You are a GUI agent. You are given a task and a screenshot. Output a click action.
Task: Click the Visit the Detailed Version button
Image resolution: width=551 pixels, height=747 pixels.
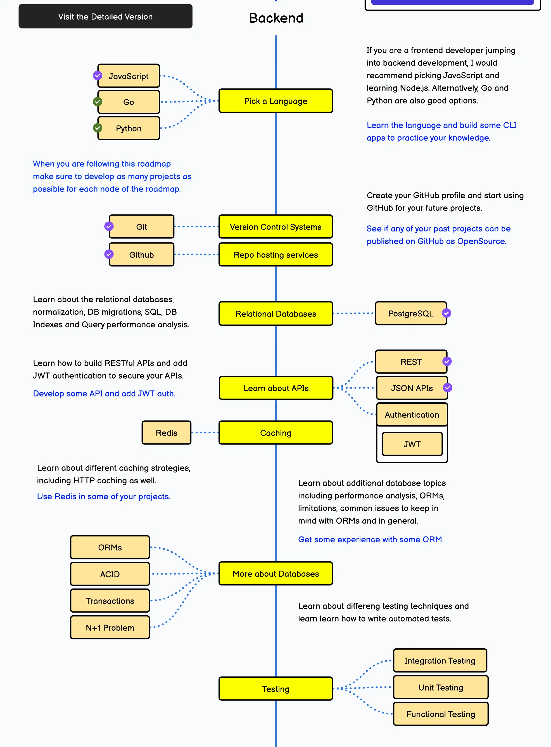pos(105,16)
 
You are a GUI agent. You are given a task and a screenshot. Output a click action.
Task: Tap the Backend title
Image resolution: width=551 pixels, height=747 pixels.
pos(276,18)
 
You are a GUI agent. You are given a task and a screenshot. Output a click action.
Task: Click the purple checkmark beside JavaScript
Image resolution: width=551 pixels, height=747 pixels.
pos(98,76)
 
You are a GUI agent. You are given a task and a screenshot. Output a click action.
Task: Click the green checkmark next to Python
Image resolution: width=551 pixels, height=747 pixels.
pos(98,128)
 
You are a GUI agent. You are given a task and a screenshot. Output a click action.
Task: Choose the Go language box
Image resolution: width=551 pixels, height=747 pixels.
pos(129,102)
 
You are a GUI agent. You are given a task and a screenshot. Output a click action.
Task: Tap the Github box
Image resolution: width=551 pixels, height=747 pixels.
pos(141,255)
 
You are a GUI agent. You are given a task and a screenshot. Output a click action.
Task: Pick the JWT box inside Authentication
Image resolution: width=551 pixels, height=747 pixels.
pos(412,444)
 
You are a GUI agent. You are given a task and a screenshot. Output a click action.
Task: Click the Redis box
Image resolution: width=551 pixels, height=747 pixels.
pos(167,433)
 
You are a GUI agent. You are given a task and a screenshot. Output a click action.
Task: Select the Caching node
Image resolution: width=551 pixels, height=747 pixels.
pos(275,433)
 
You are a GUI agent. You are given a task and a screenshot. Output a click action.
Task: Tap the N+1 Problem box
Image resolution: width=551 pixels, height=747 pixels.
pos(110,628)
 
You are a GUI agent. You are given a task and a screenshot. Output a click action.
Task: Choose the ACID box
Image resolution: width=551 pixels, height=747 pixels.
pos(110,574)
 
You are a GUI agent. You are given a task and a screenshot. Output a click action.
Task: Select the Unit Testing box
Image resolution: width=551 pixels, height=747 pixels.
pos(441,687)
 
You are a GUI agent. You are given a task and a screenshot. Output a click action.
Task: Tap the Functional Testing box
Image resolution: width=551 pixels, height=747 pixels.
pos(441,714)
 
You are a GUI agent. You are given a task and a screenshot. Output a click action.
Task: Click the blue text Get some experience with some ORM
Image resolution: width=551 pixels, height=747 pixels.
pos(370,540)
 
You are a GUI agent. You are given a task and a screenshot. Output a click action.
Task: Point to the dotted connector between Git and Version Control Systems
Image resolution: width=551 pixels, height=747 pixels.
pos(196,226)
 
